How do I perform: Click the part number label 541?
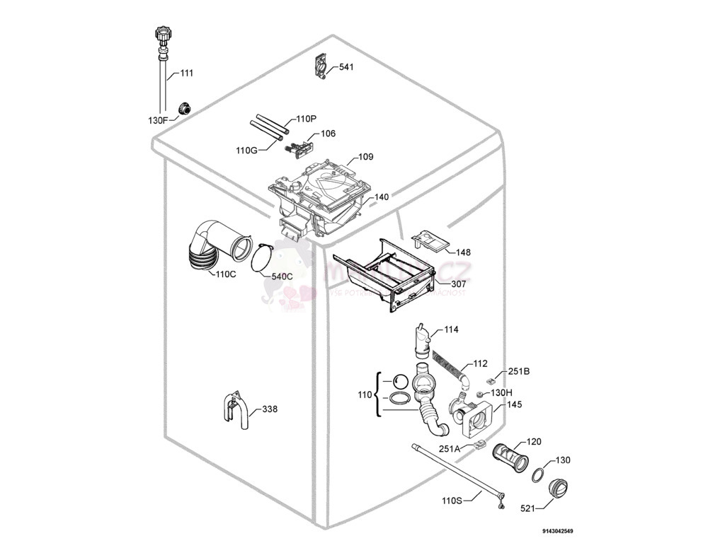pyautogui.click(x=346, y=67)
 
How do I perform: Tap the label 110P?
pyautogui.click(x=306, y=119)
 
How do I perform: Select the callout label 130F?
pyautogui.click(x=158, y=120)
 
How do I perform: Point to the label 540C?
pyautogui.click(x=282, y=276)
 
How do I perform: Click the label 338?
pyautogui.click(x=270, y=409)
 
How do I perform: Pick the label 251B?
pyautogui.click(x=520, y=372)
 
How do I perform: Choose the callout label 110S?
pyautogui.click(x=452, y=501)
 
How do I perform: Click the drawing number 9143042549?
pyautogui.click(x=559, y=531)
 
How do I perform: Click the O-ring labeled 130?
pyautogui.click(x=538, y=473)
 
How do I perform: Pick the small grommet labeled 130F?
pyautogui.click(x=185, y=108)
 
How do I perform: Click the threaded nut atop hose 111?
pyautogui.click(x=161, y=35)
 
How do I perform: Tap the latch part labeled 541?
pyautogui.click(x=322, y=67)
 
